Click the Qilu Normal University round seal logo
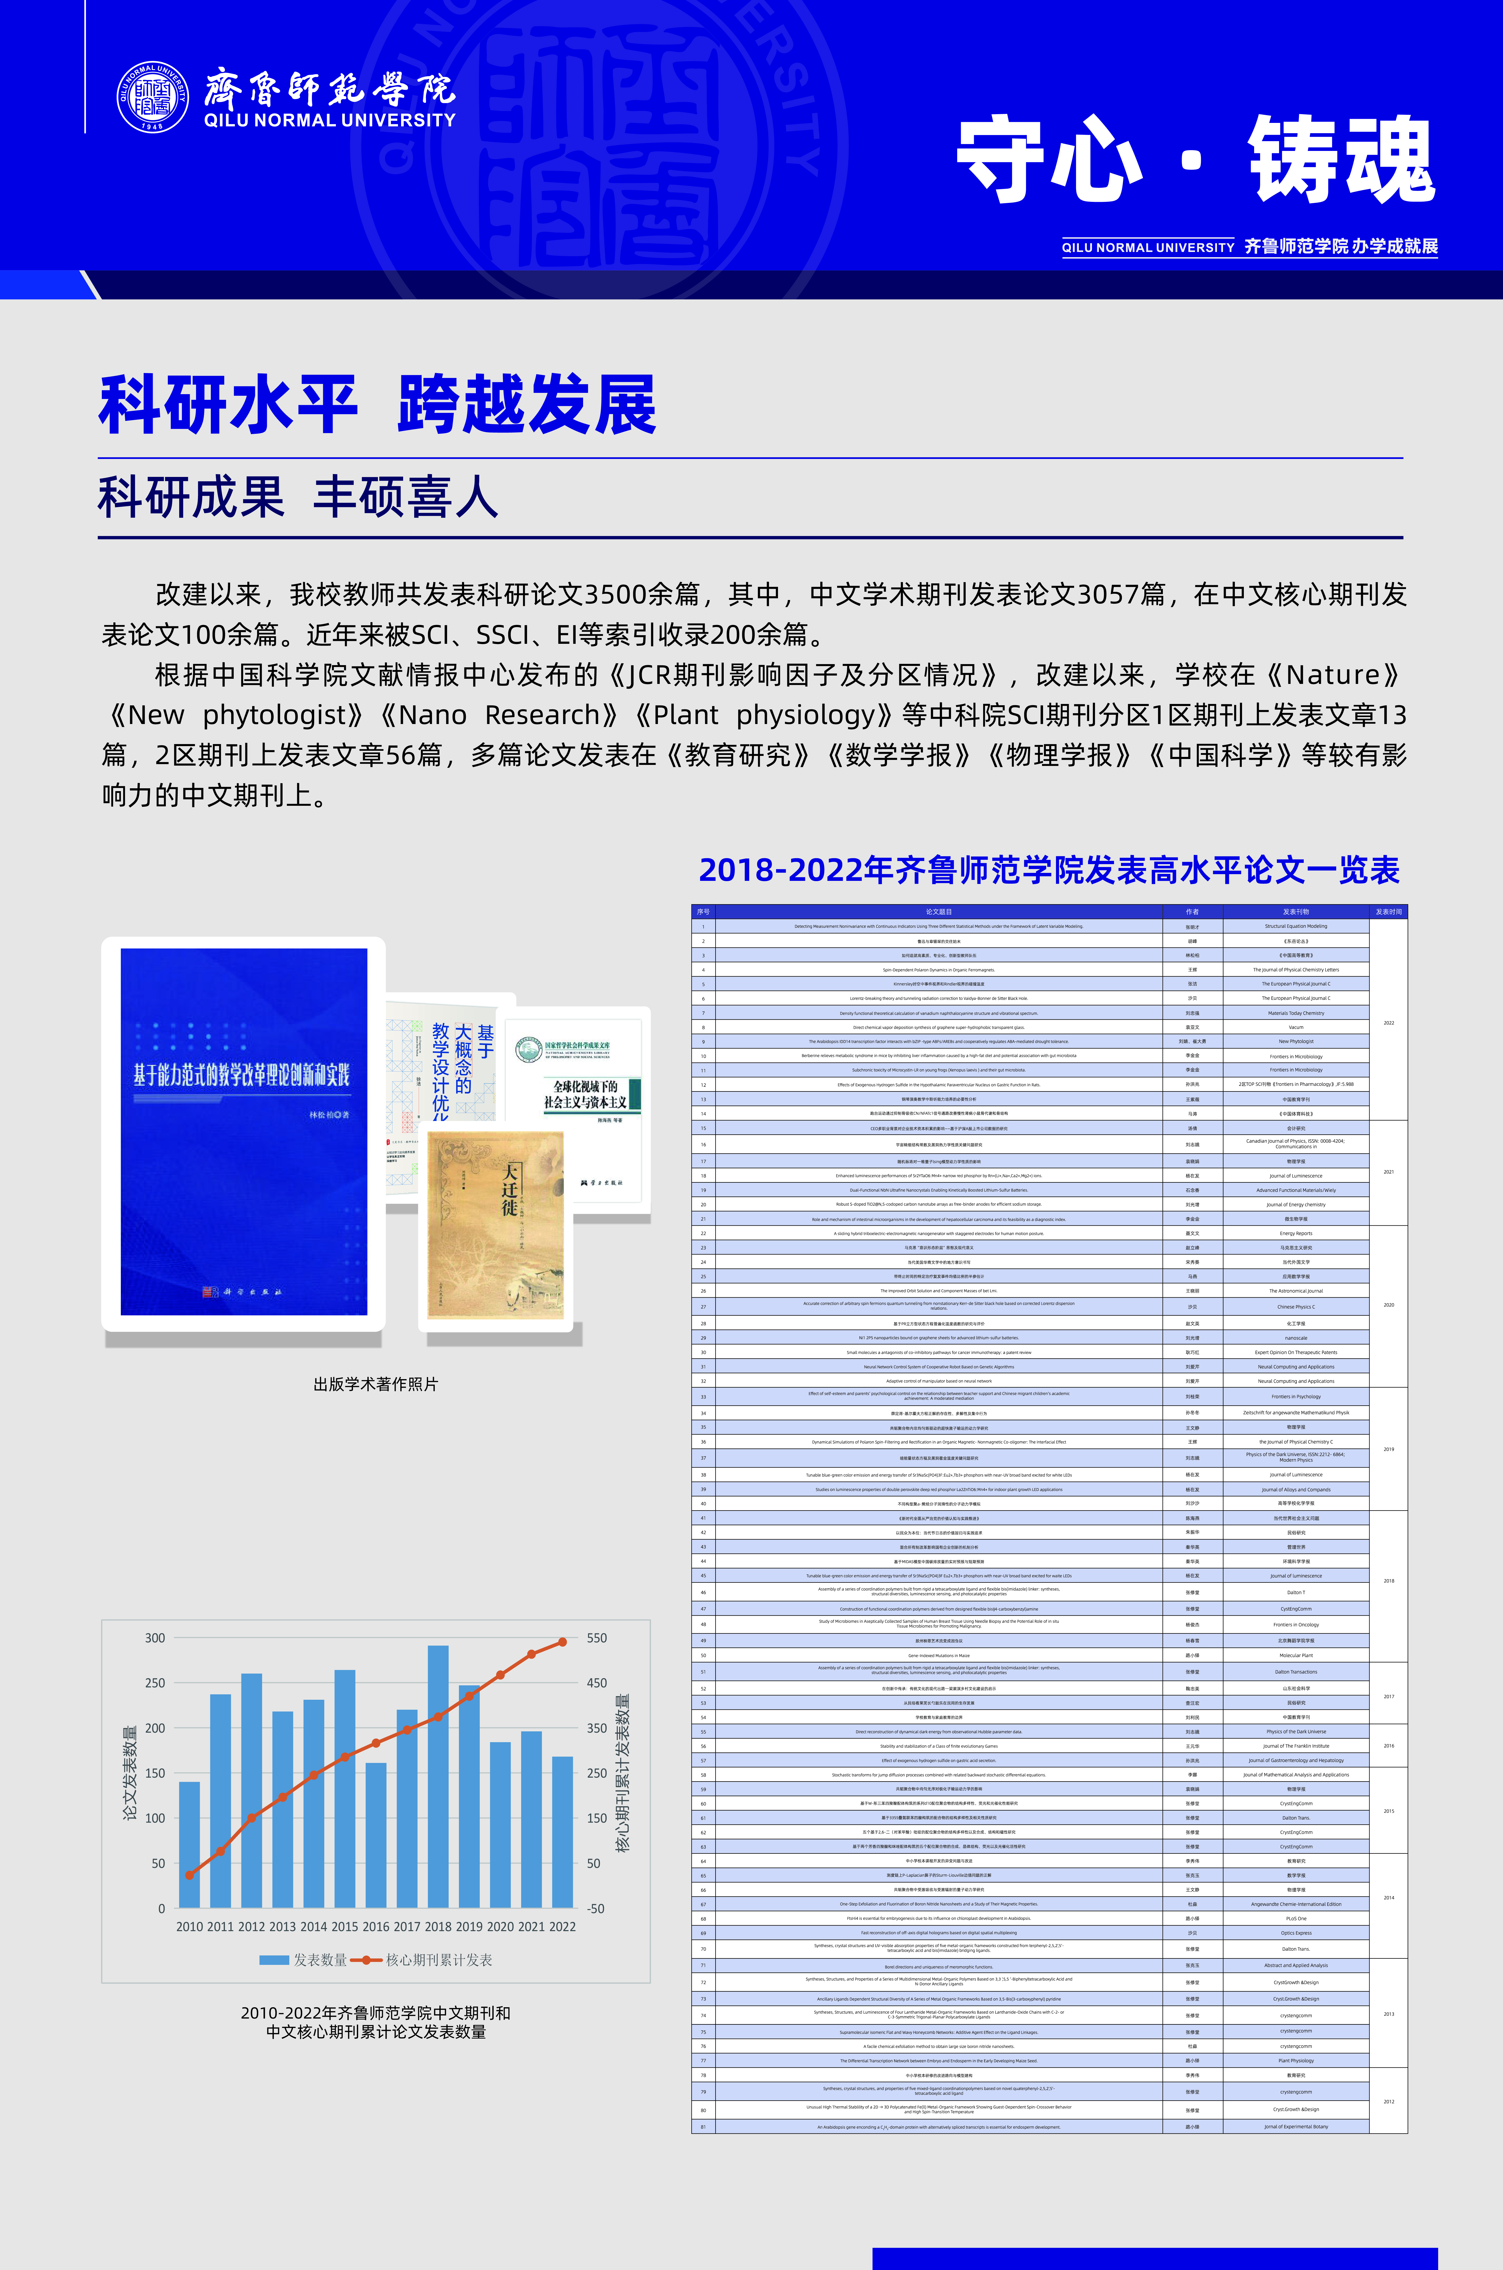coord(152,97)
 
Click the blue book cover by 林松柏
coord(243,1131)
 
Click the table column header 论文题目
coord(938,912)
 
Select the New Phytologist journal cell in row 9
coord(1296,1041)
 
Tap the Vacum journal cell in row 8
coord(1296,1027)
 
